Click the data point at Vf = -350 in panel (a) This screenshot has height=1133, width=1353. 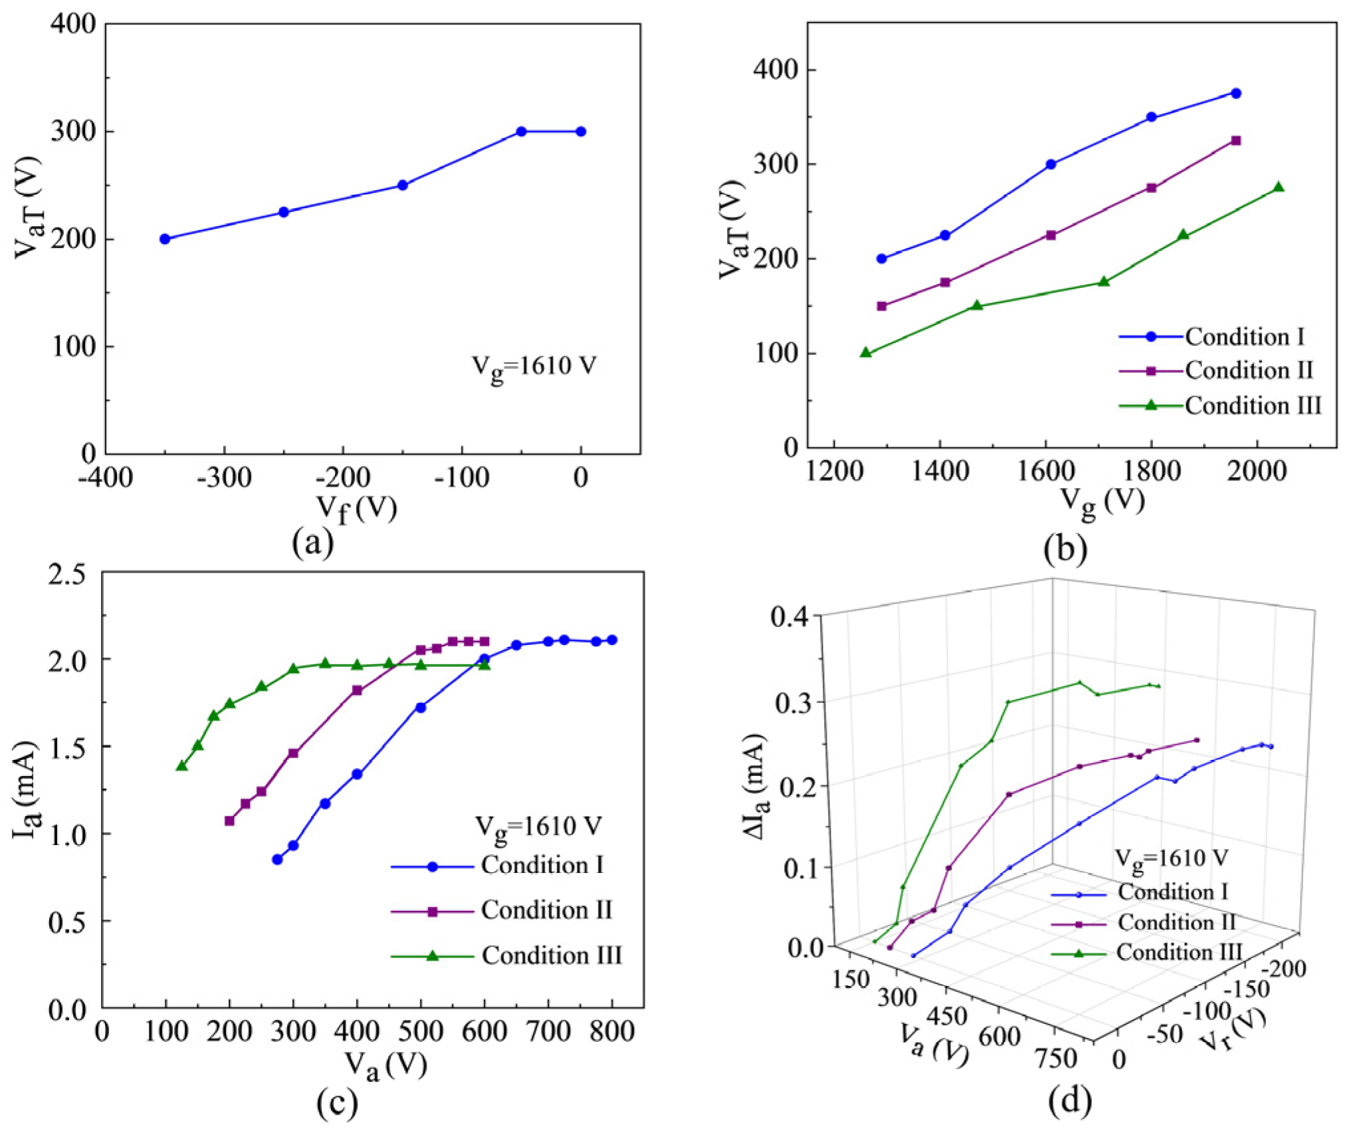[x=165, y=239]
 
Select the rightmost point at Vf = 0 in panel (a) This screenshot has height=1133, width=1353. [x=581, y=132]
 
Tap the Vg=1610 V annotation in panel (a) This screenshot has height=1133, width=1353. [x=534, y=366]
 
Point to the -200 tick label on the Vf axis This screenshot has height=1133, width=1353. [x=342, y=477]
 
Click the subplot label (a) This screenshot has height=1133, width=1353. [x=312, y=542]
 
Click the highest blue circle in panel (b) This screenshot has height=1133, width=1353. [x=1236, y=94]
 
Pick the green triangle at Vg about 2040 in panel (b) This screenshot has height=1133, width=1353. [x=1279, y=188]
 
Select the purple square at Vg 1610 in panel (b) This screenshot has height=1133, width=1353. [x=1051, y=235]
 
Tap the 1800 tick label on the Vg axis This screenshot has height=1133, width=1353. [x=1152, y=471]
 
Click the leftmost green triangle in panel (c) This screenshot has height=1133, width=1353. [x=181, y=766]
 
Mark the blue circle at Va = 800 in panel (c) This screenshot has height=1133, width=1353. [x=612, y=640]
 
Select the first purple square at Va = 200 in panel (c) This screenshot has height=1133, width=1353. [x=229, y=820]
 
